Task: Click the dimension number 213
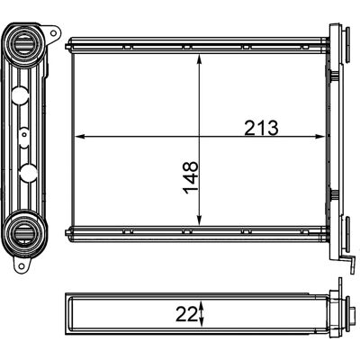point(261,128)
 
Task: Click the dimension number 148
point(191,177)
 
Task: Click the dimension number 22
point(185,314)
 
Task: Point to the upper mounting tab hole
point(53,32)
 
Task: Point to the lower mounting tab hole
point(22,265)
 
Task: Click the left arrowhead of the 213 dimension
point(78,137)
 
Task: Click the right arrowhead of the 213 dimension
point(319,137)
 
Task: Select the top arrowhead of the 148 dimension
point(199,58)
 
